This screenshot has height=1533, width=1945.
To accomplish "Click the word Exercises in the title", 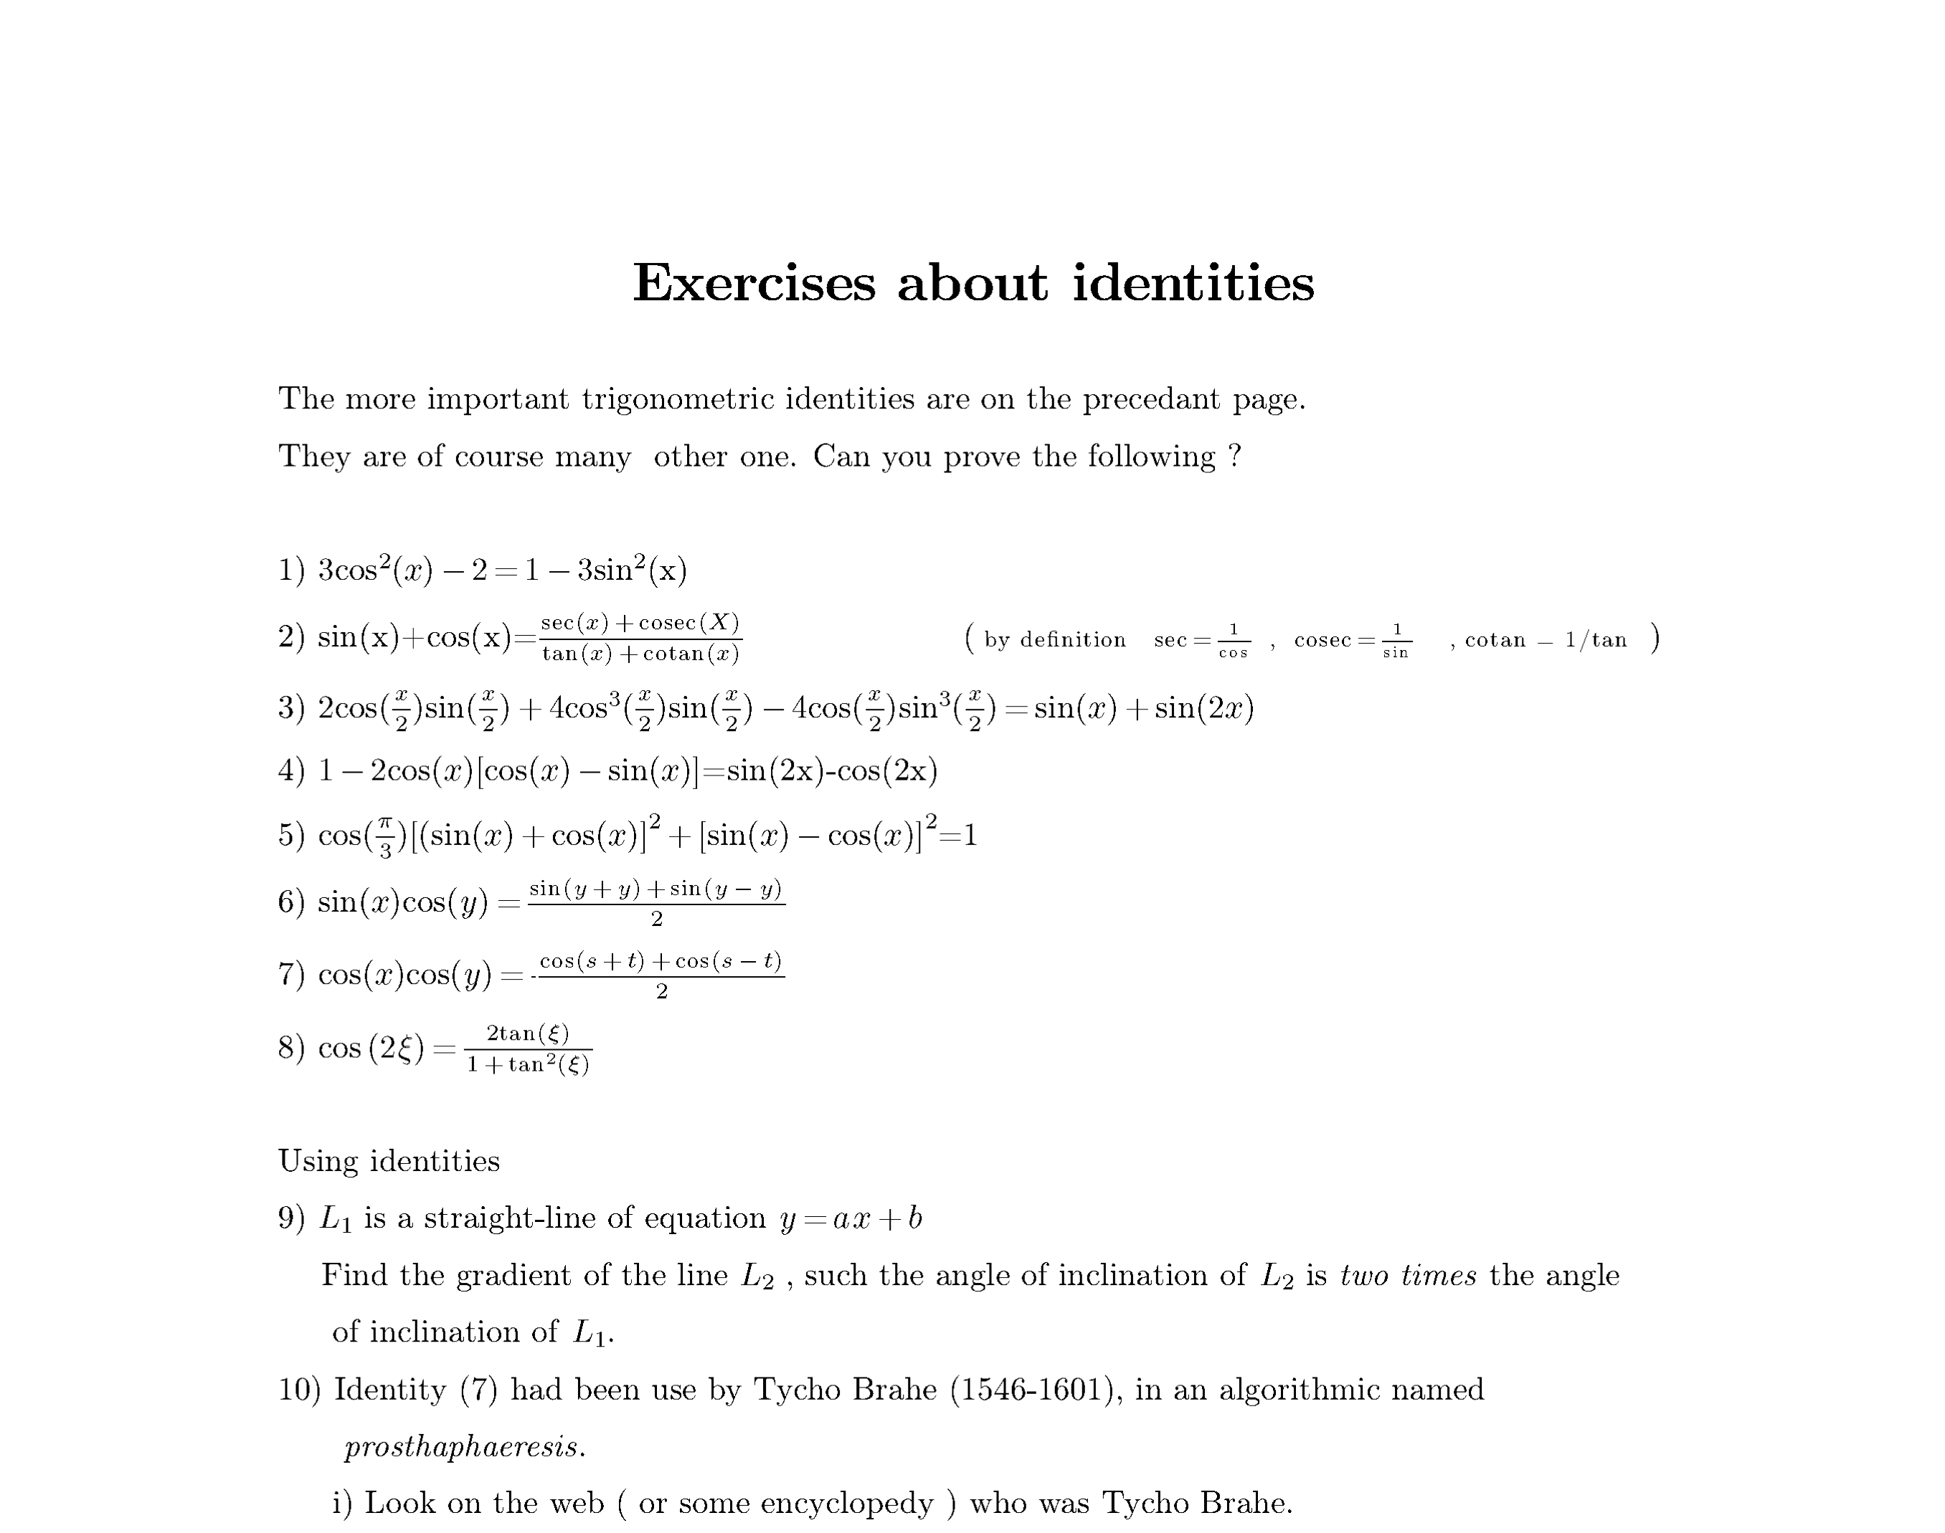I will coord(753,284).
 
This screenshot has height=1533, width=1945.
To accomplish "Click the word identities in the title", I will coord(1193,284).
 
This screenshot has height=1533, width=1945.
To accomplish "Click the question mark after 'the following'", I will coord(1235,456).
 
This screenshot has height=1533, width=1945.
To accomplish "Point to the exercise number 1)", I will coord(292,570).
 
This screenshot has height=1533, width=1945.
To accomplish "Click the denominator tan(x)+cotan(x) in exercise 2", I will coord(640,654).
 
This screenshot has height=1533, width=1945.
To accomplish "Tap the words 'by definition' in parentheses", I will coord(1054,640).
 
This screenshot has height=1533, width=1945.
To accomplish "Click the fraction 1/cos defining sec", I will coord(1233,641).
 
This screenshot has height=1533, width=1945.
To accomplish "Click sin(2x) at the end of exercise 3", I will coord(1203,708).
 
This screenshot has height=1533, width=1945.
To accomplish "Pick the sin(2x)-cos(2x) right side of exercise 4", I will coord(831,771).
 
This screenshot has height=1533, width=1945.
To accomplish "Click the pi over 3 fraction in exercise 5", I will coord(384,836).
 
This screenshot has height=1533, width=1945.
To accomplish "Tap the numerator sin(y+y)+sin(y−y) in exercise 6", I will coord(656,889).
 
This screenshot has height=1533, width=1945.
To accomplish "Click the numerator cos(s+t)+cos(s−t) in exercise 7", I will coord(661,961).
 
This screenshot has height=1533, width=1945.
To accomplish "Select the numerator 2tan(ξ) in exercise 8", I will coord(527,1033).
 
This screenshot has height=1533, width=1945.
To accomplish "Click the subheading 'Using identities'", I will coord(389,1162).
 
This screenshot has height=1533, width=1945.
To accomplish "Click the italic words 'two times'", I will coord(1407,1276).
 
